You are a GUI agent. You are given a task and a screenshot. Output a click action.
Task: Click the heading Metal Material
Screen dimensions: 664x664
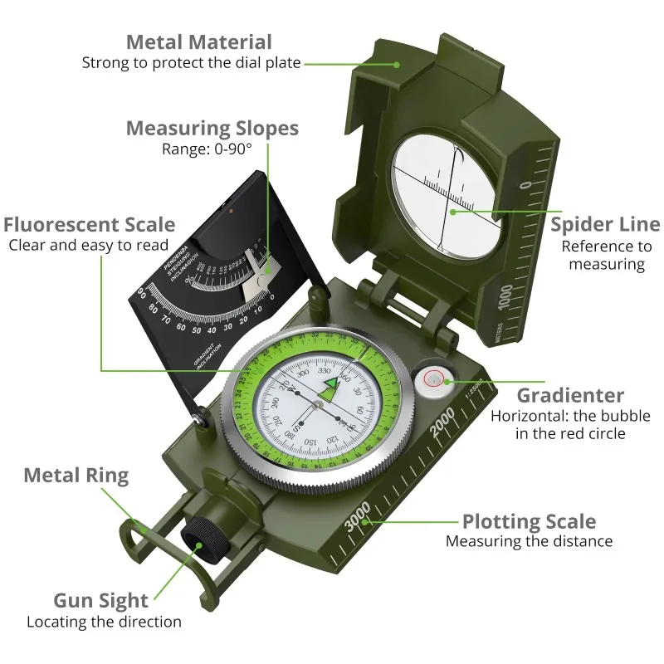click(x=198, y=41)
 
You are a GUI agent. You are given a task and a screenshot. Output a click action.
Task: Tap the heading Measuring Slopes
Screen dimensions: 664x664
click(x=212, y=129)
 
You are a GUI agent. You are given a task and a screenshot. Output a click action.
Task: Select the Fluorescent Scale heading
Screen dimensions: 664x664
click(x=89, y=224)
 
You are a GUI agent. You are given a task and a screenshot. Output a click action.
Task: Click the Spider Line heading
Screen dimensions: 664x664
click(x=605, y=224)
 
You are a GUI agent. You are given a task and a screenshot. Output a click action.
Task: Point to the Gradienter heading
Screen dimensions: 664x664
click(x=570, y=395)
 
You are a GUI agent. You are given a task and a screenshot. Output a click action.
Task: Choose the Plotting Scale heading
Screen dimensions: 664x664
click(x=529, y=521)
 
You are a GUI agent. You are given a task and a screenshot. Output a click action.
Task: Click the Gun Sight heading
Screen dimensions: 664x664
click(x=100, y=601)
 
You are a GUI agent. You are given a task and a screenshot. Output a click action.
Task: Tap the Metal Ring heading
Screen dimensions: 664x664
click(x=76, y=476)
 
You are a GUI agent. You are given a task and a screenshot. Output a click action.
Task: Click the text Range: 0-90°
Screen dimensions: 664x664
click(x=206, y=149)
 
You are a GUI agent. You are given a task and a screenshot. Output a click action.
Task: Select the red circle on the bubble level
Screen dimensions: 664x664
click(x=434, y=379)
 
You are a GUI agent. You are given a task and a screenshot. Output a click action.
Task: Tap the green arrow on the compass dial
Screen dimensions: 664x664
click(x=334, y=383)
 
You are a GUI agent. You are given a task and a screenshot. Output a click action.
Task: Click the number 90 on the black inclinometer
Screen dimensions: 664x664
click(x=142, y=291)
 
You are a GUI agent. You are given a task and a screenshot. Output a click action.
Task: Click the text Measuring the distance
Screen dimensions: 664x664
click(x=529, y=542)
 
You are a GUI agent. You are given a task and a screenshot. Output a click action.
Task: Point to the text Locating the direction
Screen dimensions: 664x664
click(x=104, y=622)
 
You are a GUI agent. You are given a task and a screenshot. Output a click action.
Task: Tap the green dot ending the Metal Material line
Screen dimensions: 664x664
click(x=397, y=63)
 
